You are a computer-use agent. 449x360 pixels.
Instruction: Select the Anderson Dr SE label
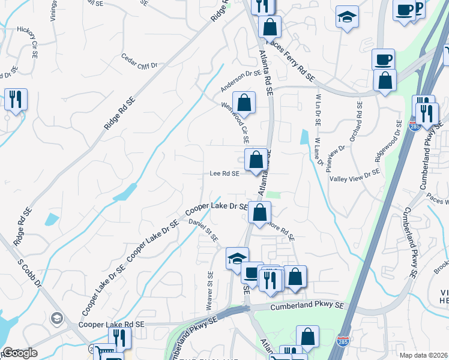tap(241, 81)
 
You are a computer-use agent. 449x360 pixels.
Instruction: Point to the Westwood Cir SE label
tap(236, 121)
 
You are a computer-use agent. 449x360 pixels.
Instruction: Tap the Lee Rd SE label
tap(224, 173)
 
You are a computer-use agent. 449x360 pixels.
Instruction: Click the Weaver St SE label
tap(210, 290)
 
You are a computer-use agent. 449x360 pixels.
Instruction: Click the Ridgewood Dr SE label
tap(388, 140)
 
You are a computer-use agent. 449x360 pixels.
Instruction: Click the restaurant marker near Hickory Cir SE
tap(16, 98)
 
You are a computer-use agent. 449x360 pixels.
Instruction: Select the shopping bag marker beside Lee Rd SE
tap(256, 160)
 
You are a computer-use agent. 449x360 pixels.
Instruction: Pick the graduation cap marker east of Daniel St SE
tap(237, 258)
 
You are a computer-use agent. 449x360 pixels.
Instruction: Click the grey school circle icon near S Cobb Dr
tap(57, 317)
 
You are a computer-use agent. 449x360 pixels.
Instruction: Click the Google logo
tap(19, 353)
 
